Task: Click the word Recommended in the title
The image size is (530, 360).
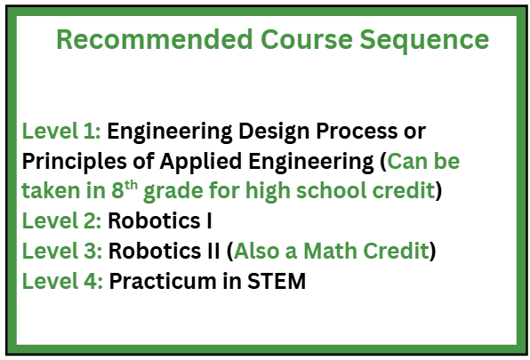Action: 155,39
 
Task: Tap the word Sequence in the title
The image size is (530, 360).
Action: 424,42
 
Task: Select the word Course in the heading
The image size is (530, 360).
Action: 306,39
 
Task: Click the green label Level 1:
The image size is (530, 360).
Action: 61,131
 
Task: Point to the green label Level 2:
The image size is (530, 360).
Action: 61,220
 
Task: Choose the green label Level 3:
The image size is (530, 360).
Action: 62,251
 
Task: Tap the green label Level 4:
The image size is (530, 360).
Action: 62,281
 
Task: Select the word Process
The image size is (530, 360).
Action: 357,131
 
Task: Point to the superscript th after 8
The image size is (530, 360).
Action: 131,186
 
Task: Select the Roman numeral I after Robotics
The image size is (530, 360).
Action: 209,221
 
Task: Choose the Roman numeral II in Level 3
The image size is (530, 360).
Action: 213,252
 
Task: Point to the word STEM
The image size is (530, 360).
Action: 277,281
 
